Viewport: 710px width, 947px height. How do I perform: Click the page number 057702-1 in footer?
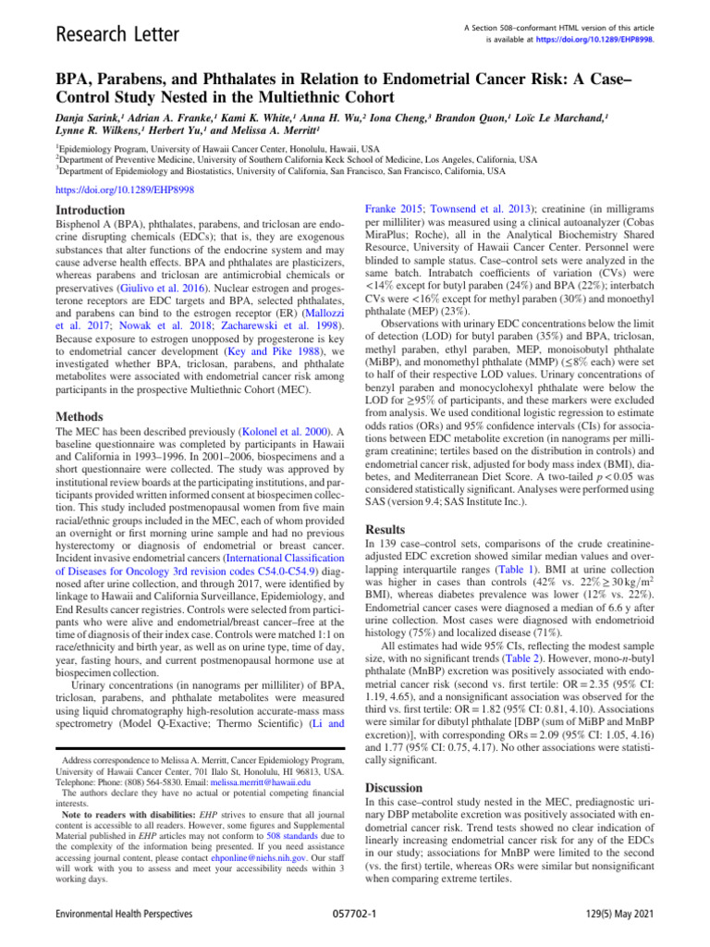(x=354, y=930)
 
